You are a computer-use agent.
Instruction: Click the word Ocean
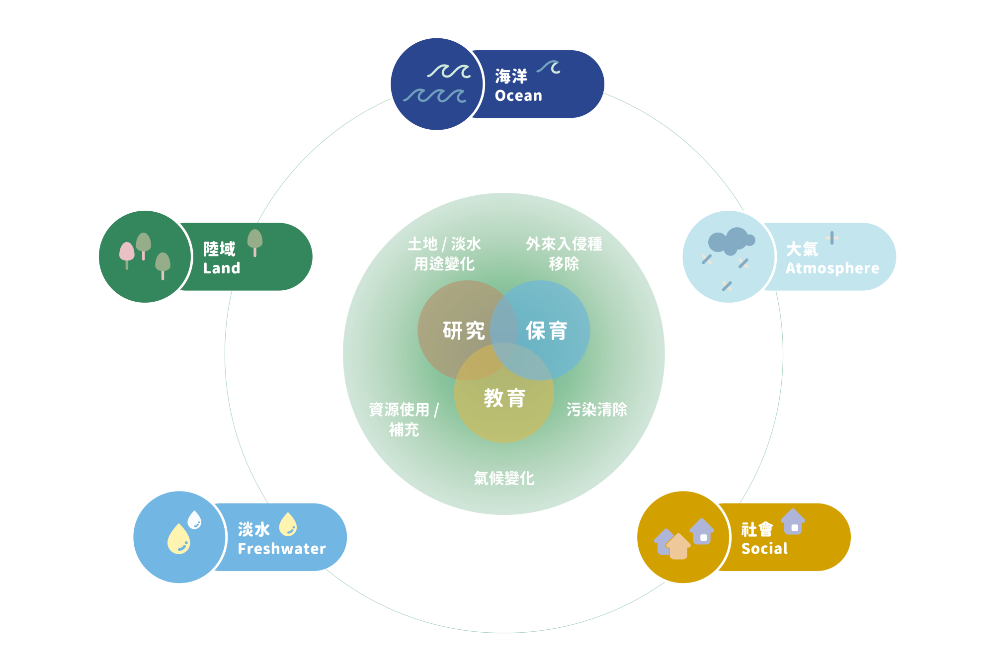[x=518, y=95]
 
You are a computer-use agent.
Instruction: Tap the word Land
[x=222, y=268]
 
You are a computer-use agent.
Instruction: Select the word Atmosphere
[x=832, y=268]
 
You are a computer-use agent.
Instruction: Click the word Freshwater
[x=282, y=549]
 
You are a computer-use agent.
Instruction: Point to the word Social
[x=764, y=549]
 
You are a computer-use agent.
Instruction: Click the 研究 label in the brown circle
[x=463, y=331]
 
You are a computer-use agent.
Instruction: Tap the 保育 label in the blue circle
[x=546, y=331]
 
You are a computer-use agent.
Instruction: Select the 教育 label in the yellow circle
[x=504, y=398]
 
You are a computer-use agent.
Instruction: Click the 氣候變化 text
[x=504, y=478]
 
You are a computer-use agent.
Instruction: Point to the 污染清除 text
[x=596, y=410]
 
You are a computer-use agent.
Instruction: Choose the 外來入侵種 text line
[x=564, y=244]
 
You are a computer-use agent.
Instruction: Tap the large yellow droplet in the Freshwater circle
[x=179, y=539]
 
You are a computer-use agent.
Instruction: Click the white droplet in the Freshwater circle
[x=194, y=519]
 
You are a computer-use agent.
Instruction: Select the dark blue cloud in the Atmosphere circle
[x=731, y=241]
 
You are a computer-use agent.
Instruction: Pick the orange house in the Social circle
[x=678, y=547]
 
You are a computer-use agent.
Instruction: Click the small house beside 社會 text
[x=793, y=522]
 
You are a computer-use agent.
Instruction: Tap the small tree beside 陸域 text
[x=255, y=241]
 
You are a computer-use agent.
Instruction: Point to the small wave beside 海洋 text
[x=549, y=67]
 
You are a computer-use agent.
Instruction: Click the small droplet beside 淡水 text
[x=288, y=524]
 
